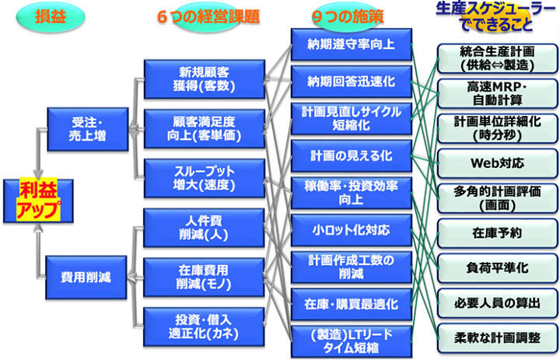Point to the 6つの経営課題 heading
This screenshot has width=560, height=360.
tap(205, 16)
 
